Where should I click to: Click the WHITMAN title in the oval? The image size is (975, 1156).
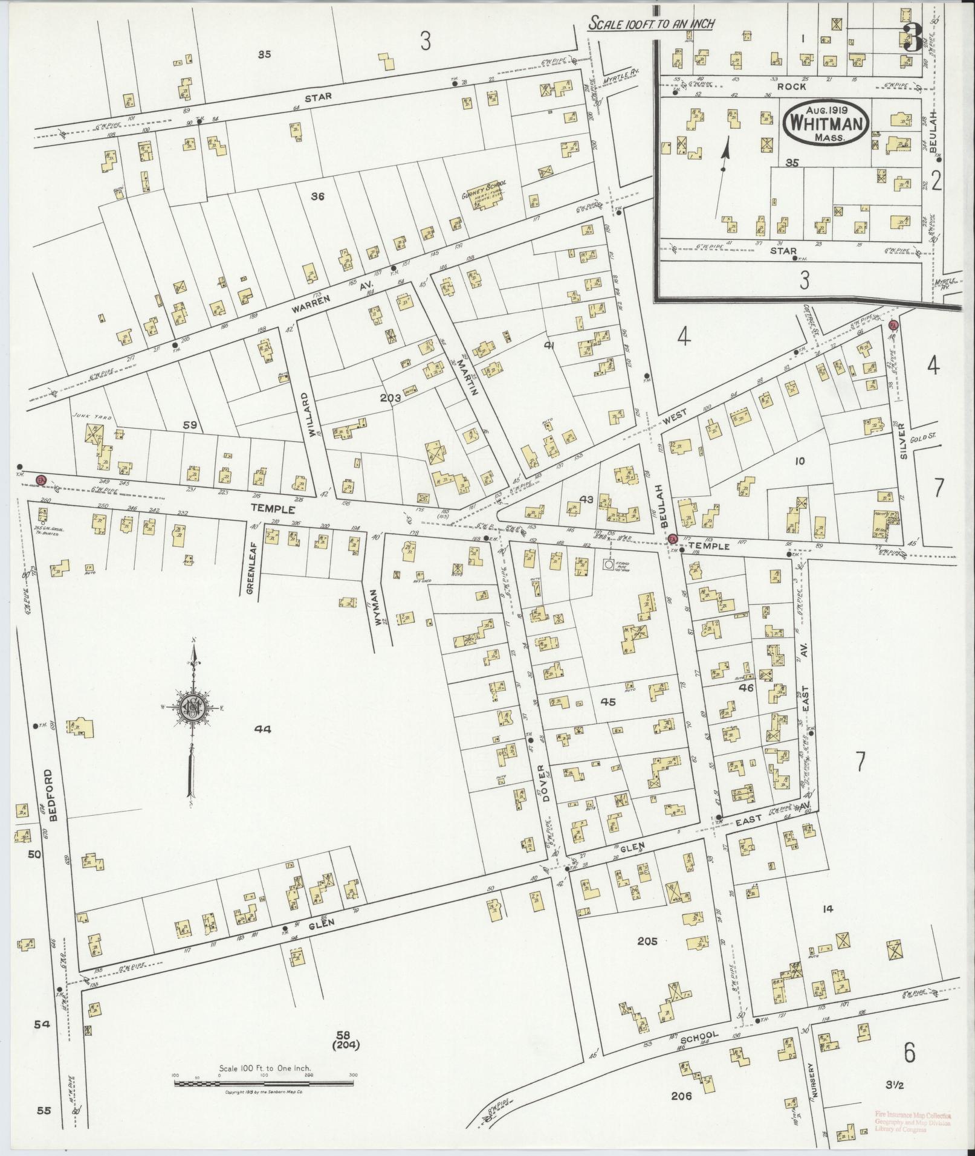825,123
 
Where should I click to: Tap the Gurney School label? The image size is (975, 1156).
484,186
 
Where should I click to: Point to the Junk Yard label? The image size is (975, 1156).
85,416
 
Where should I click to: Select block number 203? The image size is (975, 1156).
391,398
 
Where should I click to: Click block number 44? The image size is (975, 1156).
262,729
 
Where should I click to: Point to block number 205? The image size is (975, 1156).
647,958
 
